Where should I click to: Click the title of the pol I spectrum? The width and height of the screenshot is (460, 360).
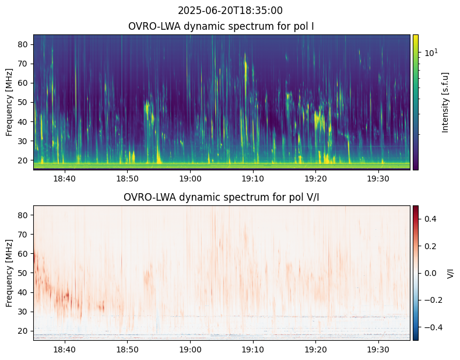[x=222, y=26]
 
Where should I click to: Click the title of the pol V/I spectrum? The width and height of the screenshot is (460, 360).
[x=222, y=197]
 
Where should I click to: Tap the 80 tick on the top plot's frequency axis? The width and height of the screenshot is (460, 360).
[x=24, y=44]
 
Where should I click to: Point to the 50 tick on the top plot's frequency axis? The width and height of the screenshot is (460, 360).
[x=24, y=102]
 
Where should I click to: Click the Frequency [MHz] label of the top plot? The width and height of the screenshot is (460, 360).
[x=9, y=102]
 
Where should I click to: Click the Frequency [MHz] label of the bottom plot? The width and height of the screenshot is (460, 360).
[x=9, y=273]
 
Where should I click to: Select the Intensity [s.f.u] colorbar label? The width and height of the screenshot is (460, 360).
[x=446, y=102]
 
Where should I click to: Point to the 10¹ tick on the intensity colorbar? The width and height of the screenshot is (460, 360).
[x=430, y=53]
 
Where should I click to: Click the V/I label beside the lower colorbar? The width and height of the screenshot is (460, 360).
[x=450, y=272]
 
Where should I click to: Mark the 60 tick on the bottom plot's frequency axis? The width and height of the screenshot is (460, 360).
[x=24, y=253]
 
